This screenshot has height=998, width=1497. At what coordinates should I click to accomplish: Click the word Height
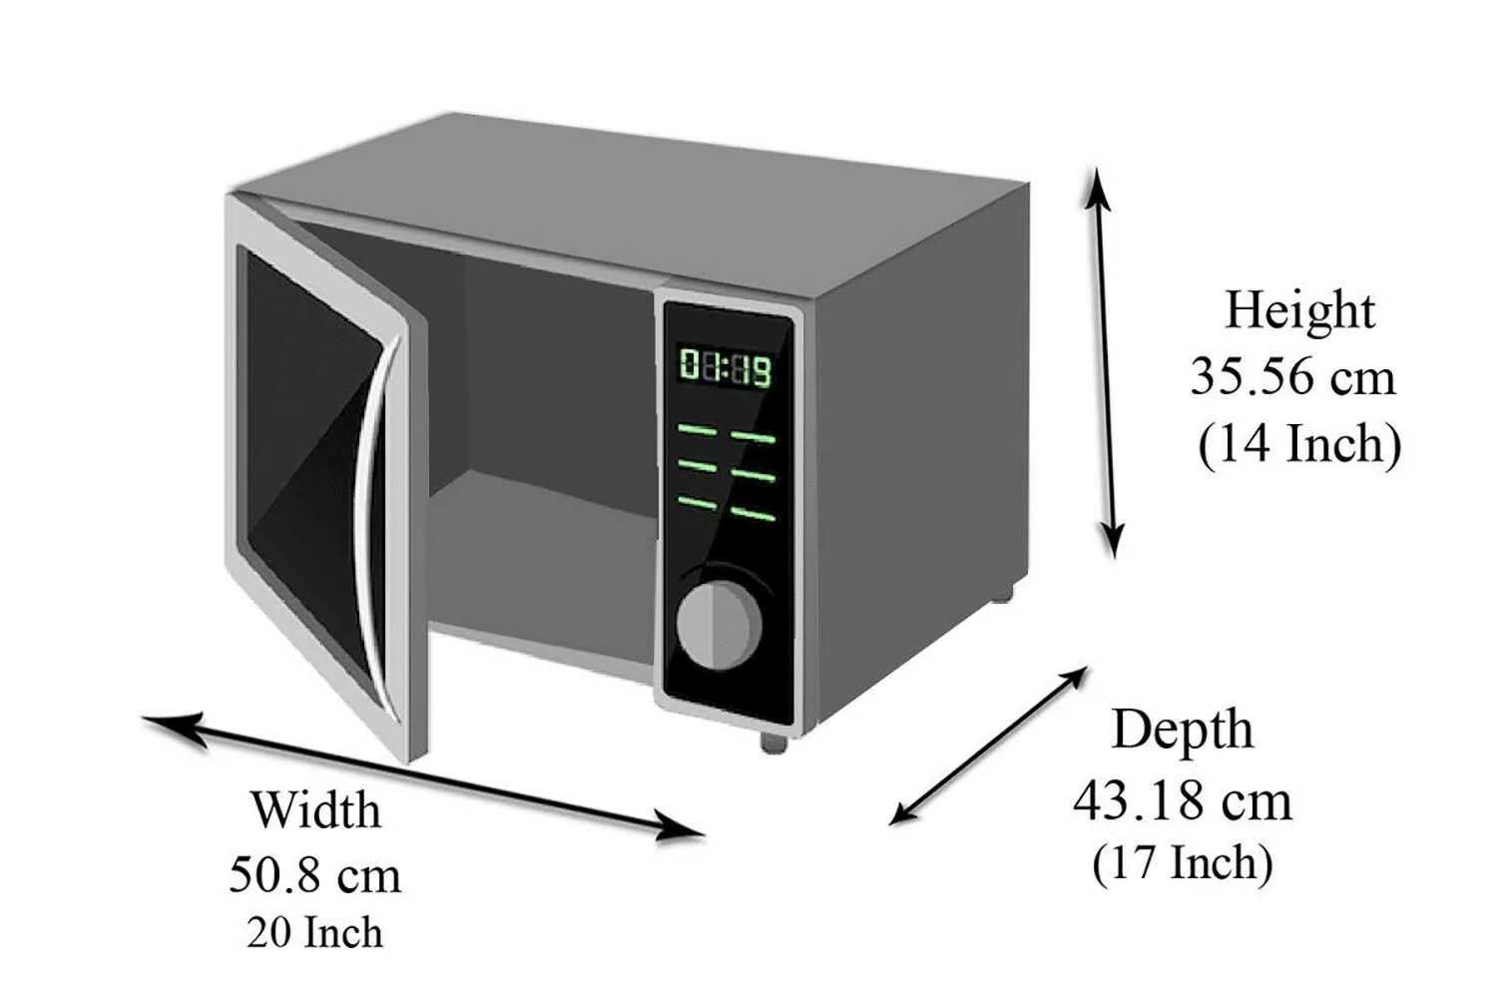tap(1298, 310)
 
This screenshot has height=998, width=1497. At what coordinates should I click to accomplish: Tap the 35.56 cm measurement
tap(1292, 377)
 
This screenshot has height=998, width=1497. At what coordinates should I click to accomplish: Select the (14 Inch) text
tap(1299, 444)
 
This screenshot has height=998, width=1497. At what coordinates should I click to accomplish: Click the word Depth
tap(1182, 730)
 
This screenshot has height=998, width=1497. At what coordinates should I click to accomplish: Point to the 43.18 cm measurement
tap(1182, 800)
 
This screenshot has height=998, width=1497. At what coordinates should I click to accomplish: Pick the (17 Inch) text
tap(1182, 863)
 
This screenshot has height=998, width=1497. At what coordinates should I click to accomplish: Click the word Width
tap(315, 809)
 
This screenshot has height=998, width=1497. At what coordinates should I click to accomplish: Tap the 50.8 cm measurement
tap(315, 875)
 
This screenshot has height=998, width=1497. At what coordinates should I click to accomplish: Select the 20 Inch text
tap(315, 933)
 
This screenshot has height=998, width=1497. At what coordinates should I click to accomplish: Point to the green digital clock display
tap(726, 367)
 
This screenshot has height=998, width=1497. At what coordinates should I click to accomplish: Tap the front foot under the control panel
tap(772, 743)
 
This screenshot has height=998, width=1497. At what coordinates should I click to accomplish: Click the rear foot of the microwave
tap(1001, 595)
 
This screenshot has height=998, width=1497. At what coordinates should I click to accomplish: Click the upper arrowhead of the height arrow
tap(1098, 185)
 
